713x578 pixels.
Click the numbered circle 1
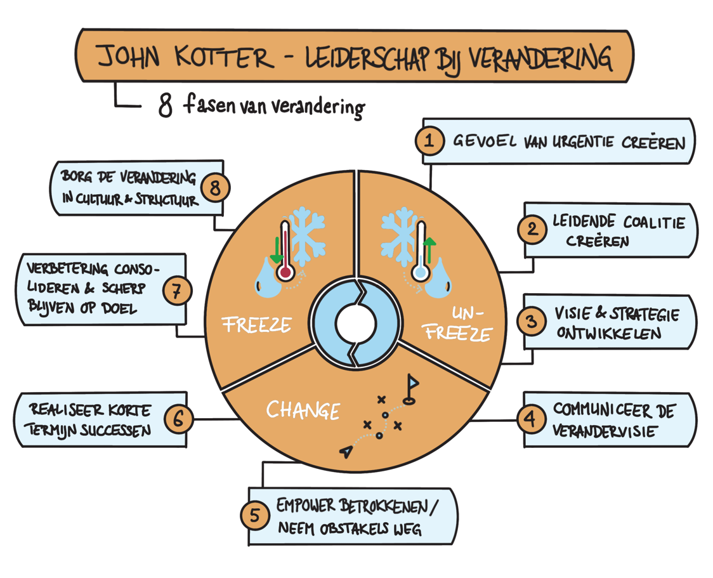click(x=430, y=141)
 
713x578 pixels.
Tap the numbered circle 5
click(x=254, y=515)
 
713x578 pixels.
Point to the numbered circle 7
click(x=177, y=291)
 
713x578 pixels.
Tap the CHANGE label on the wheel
click(x=303, y=410)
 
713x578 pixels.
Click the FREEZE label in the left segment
click(x=256, y=325)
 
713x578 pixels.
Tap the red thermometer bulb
click(x=285, y=273)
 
